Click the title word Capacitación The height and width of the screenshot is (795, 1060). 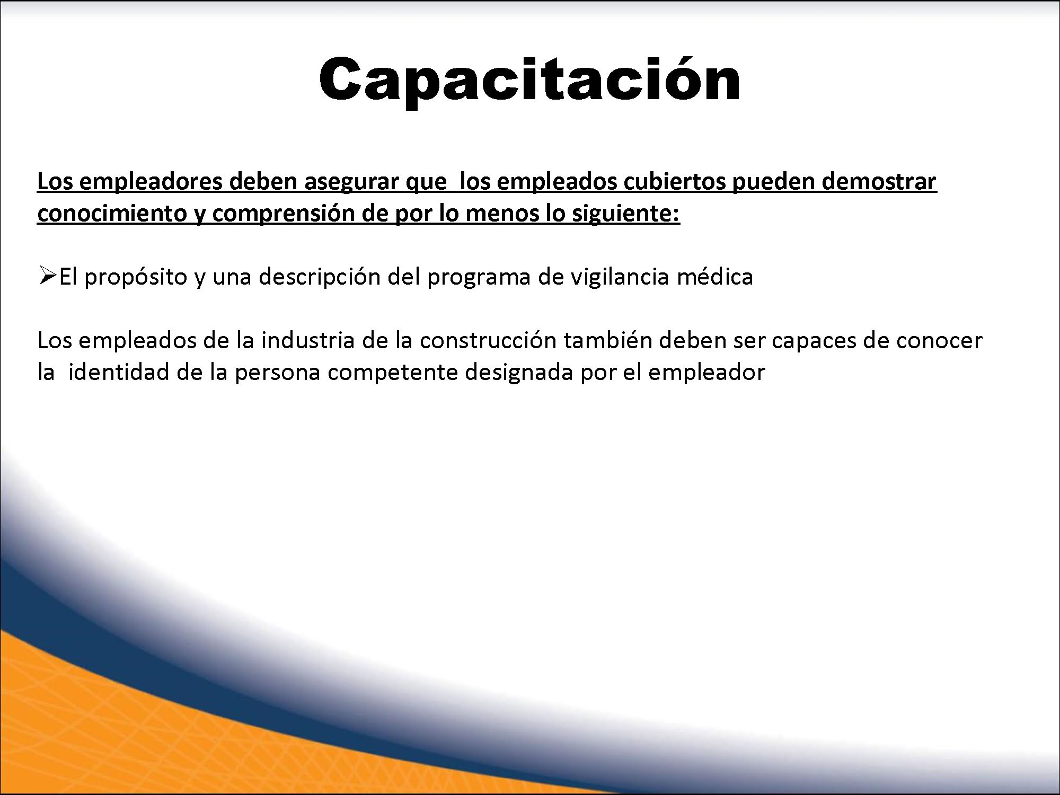pos(529,79)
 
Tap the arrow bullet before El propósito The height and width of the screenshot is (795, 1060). pos(48,276)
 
